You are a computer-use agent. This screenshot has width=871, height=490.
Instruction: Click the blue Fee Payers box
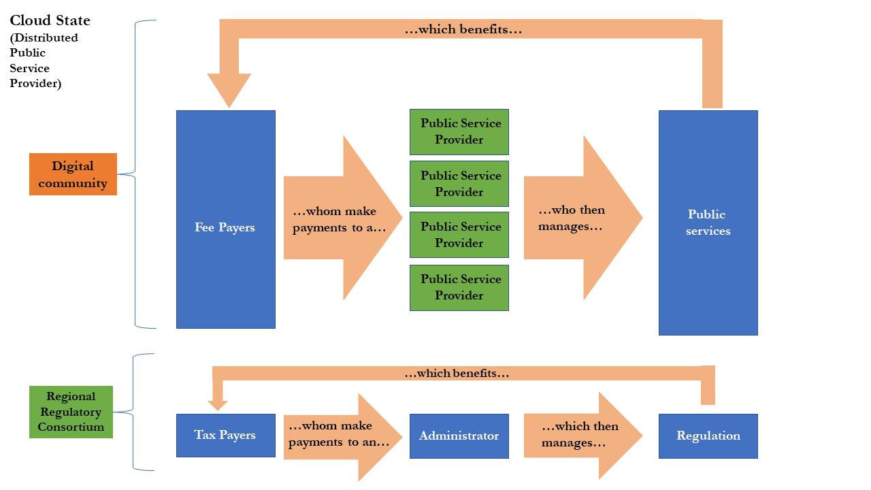point(225,219)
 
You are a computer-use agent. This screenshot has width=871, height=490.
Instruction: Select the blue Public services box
point(708,223)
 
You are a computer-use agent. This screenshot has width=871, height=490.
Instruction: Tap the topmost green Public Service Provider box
point(459,132)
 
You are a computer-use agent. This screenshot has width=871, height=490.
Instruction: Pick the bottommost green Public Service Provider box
point(459,288)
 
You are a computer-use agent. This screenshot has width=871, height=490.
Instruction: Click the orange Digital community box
point(73,174)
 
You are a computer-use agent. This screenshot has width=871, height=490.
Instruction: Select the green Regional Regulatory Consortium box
point(71,412)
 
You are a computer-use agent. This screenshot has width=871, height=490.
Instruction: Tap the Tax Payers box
point(225,436)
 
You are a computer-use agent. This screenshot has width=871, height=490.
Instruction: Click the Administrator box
point(459,436)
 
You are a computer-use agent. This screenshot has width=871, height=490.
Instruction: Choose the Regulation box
point(708,436)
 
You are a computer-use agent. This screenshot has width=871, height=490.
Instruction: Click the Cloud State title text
point(50,20)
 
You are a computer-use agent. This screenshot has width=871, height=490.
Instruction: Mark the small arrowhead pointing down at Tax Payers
point(218,405)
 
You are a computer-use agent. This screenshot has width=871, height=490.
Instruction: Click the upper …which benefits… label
point(463,29)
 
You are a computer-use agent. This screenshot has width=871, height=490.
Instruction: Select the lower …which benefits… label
point(457,373)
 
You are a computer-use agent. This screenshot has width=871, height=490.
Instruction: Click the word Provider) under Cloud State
point(35,84)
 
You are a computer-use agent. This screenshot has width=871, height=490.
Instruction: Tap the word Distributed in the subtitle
point(45,38)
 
